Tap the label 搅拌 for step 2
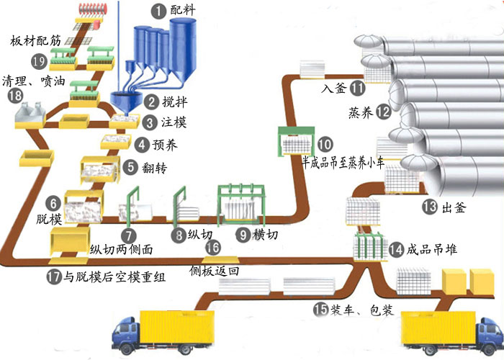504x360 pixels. [172, 103]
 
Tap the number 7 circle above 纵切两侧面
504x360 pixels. [127, 235]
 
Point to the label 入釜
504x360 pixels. [333, 89]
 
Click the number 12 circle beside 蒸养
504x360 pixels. [383, 112]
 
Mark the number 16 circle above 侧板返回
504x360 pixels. [212, 247]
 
